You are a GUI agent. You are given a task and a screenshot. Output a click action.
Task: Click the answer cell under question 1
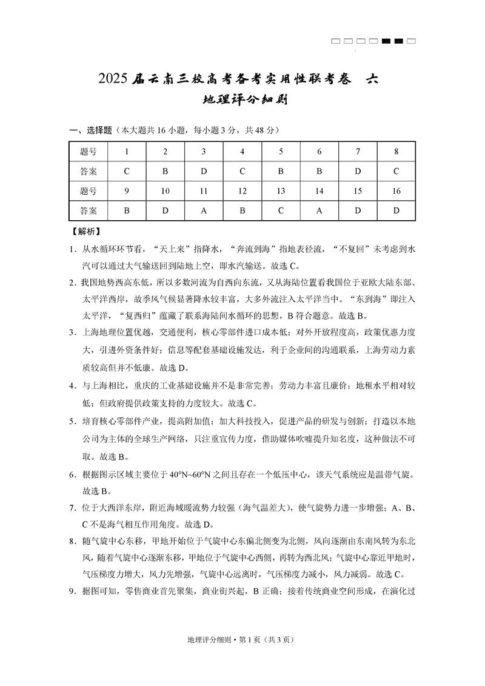[x=127, y=171]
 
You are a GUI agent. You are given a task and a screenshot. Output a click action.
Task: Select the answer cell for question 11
[x=204, y=211]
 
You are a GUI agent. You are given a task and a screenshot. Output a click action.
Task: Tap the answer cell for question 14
[x=319, y=211]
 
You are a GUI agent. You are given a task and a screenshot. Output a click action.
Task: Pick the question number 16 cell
[x=396, y=191]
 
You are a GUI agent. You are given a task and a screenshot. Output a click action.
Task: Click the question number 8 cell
[x=396, y=152]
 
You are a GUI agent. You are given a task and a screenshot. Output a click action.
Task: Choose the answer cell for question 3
[x=204, y=171]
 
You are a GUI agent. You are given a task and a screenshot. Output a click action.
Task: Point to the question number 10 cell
[x=165, y=191]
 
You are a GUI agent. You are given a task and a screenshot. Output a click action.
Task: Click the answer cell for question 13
[x=281, y=211]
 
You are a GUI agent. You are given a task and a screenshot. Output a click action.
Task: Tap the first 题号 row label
[x=89, y=152]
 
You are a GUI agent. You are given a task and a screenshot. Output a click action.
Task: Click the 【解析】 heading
[x=85, y=231]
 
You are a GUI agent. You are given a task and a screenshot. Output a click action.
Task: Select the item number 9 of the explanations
[x=71, y=591]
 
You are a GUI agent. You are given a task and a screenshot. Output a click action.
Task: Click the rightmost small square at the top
[x=411, y=41]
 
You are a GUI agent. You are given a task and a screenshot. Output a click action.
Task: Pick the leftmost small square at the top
[x=336, y=41]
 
